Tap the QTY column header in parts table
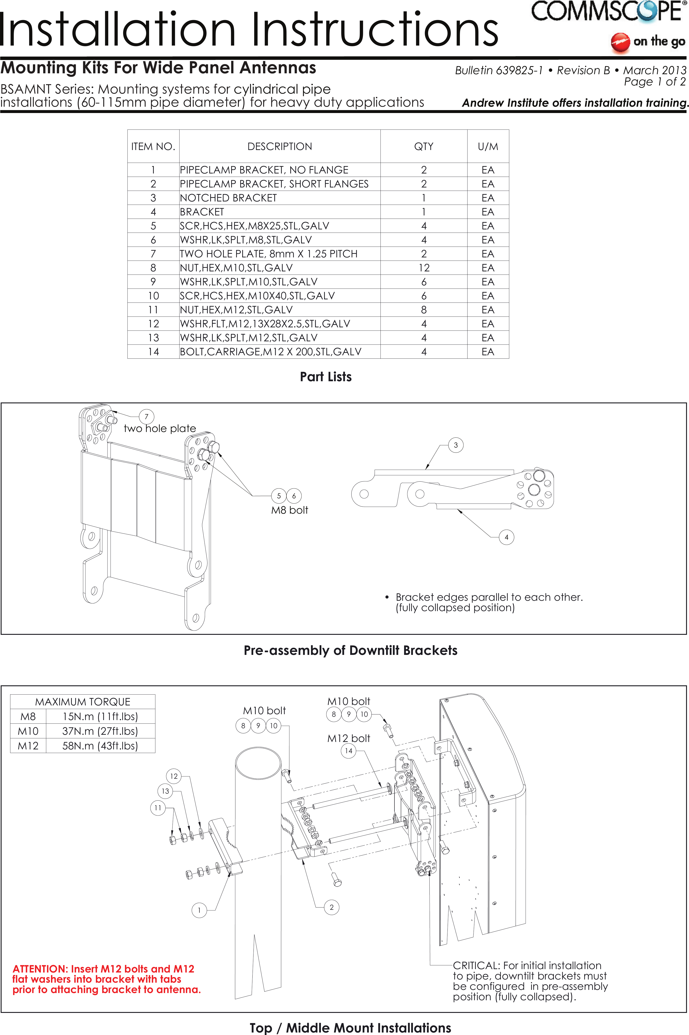(424, 146)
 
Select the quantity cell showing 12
(424, 268)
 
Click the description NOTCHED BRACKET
(228, 198)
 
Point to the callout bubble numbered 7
(146, 416)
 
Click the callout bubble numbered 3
(456, 445)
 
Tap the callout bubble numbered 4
(506, 537)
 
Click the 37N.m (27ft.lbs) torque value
(100, 731)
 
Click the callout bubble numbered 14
(348, 751)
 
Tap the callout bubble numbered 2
(331, 907)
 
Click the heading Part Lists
(326, 377)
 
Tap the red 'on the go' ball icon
(620, 42)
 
